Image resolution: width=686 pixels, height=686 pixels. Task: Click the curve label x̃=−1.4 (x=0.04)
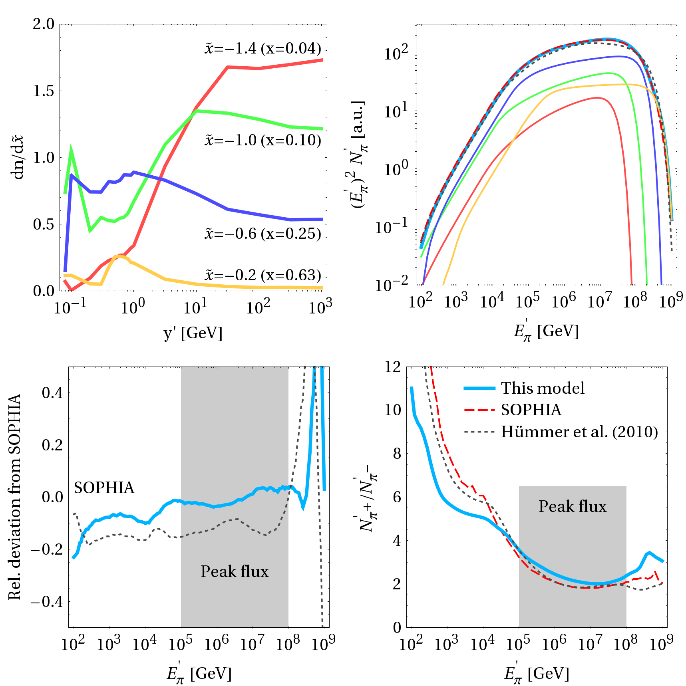[263, 49]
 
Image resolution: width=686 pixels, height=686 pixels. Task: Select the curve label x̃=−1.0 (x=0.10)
[263, 141]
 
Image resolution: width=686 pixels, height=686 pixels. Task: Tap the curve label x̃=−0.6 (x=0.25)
[263, 234]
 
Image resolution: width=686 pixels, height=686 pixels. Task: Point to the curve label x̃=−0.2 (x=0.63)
[263, 275]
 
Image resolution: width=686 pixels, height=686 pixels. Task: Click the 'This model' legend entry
[542, 388]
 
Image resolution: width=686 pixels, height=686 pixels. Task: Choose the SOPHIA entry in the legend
[531, 410]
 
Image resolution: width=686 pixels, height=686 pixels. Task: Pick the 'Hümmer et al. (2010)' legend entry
[579, 432]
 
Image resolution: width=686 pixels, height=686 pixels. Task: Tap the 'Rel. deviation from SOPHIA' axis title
[15, 497]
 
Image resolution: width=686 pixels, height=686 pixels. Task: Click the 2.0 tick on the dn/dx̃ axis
[44, 24]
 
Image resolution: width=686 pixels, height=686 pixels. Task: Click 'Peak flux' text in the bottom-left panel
[235, 572]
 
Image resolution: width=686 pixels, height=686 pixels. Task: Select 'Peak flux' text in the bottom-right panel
[572, 507]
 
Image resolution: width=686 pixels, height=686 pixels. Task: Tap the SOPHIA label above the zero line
[104, 488]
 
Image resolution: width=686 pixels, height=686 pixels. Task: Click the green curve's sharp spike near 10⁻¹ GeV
[71, 149]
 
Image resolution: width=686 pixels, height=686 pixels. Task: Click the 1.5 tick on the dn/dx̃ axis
[44, 91]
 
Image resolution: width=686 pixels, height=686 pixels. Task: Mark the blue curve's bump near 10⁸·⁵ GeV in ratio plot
[649, 553]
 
